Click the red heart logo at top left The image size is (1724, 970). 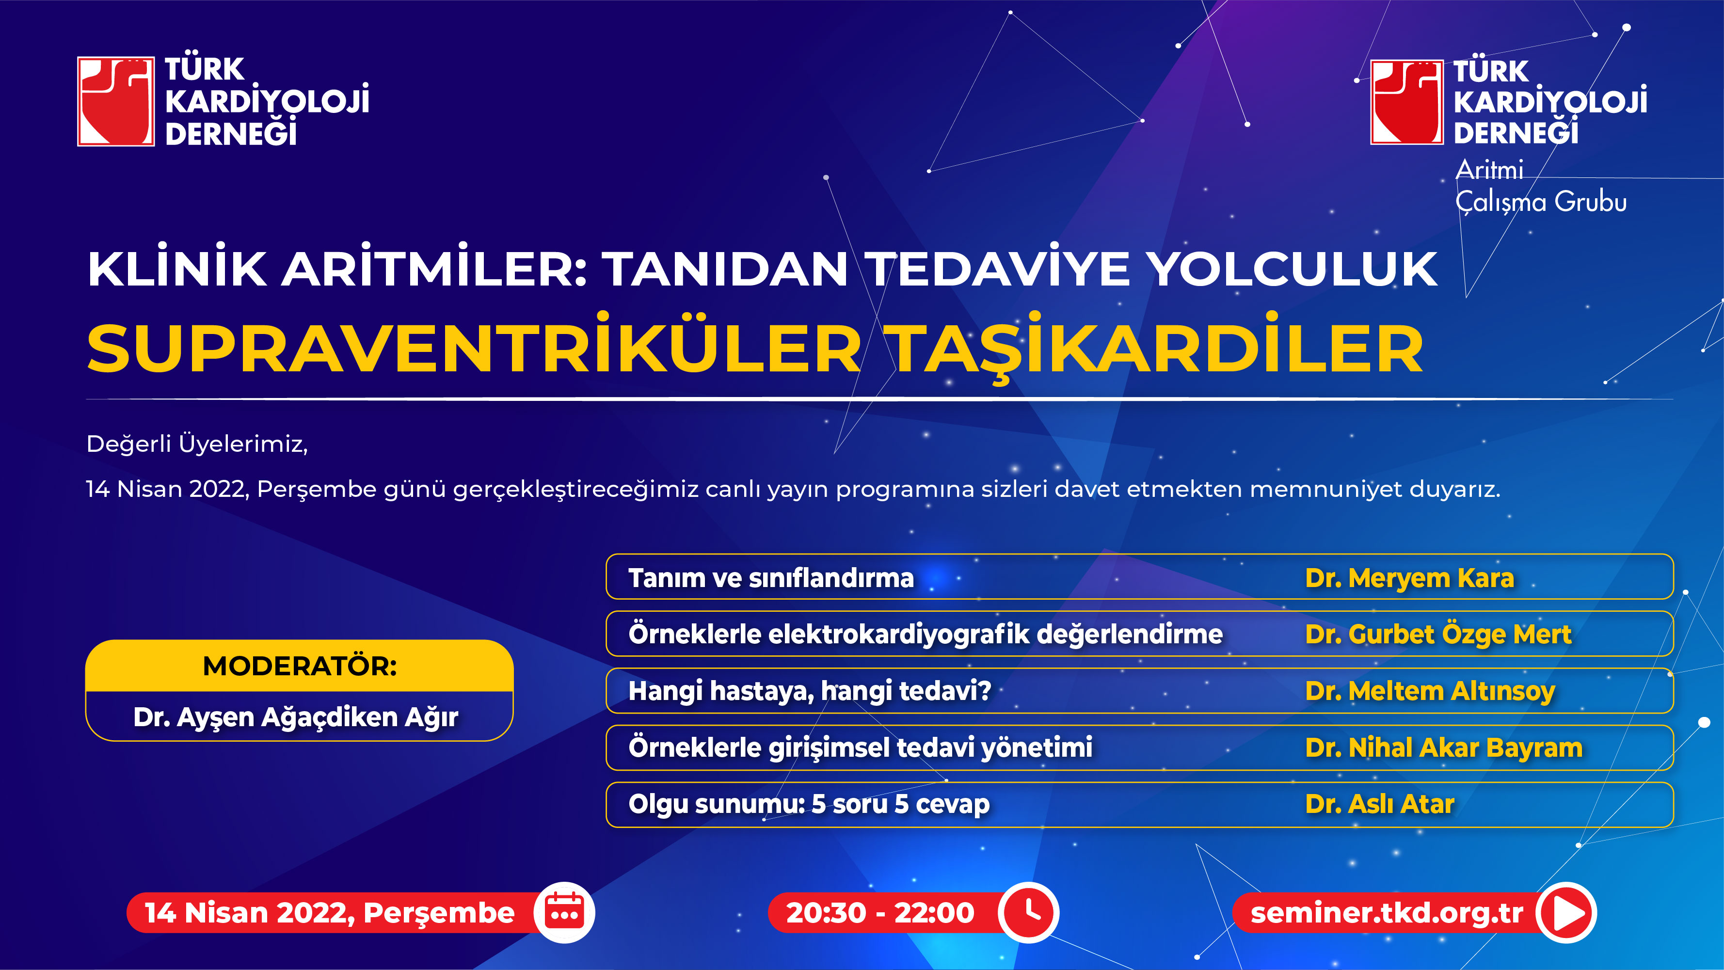[x=116, y=101]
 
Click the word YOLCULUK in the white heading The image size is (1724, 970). [x=1292, y=269]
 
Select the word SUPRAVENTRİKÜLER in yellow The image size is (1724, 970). [x=474, y=349]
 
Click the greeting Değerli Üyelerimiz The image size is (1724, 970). [x=197, y=444]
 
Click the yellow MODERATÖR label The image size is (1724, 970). [x=300, y=666]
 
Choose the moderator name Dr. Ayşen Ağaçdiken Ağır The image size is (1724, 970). [x=296, y=717]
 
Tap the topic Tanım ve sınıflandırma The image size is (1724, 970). [x=771, y=578]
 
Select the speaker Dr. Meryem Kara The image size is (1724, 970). [x=1409, y=578]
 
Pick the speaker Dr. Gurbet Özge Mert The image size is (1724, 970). [x=1438, y=634]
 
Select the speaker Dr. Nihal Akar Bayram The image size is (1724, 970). [x=1444, y=747]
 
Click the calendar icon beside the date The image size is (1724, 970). [x=564, y=912]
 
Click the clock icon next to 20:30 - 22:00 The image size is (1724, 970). [x=1029, y=912]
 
